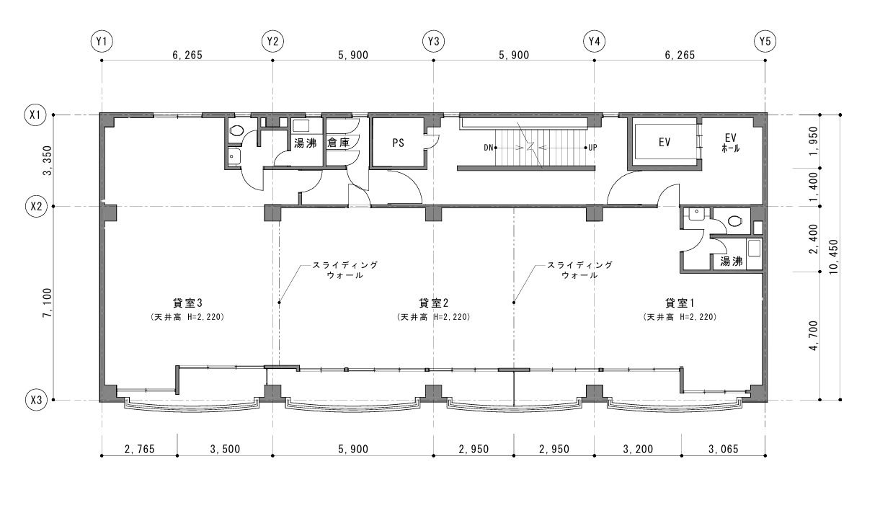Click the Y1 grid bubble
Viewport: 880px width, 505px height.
click(102, 42)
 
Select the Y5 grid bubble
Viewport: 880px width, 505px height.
click(765, 42)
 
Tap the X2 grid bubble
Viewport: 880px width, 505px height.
click(36, 206)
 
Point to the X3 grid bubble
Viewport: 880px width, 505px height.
click(36, 400)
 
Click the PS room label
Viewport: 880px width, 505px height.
click(398, 143)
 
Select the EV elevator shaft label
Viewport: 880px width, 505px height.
click(665, 142)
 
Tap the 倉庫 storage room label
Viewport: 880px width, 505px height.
click(338, 142)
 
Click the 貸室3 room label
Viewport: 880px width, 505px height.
click(187, 303)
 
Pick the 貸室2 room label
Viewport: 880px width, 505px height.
click(434, 303)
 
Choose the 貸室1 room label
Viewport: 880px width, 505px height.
click(680, 303)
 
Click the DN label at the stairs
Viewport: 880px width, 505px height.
click(489, 148)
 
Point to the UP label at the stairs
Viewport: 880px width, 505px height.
click(593, 148)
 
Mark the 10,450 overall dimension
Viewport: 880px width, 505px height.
click(834, 257)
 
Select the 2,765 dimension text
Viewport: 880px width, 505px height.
click(140, 449)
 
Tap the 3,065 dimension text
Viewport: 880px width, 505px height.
click(724, 449)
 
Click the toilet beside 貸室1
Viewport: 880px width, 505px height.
click(734, 221)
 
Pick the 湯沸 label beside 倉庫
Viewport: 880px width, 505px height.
click(306, 143)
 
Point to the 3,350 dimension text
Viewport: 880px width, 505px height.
click(48, 161)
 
